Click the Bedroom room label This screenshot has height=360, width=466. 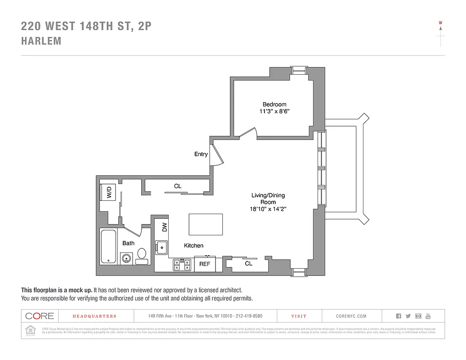pyautogui.click(x=274, y=104)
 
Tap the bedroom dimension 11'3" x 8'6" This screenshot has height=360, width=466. pyautogui.click(x=274, y=112)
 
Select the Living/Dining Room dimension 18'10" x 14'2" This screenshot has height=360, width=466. pyautogui.click(x=268, y=209)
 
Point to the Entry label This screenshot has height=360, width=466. pyautogui.click(x=201, y=154)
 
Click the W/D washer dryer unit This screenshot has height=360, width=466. pyautogui.click(x=108, y=193)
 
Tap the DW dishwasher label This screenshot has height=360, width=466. pyautogui.click(x=165, y=227)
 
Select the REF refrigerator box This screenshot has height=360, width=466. pyautogui.click(x=205, y=264)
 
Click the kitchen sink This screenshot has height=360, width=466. pyautogui.click(x=161, y=247)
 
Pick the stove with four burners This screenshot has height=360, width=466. pyautogui.click(x=182, y=265)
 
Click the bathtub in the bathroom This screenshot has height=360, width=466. pyautogui.click(x=108, y=247)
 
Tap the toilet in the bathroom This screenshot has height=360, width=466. pyautogui.click(x=142, y=256)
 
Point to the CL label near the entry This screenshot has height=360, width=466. pyautogui.click(x=178, y=186)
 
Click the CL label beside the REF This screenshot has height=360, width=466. pyautogui.click(x=248, y=264)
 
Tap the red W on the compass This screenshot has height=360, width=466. pyautogui.click(x=440, y=22)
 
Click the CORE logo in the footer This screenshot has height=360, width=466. pyautogui.click(x=40, y=316)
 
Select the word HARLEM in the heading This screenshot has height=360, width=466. pyautogui.click(x=41, y=41)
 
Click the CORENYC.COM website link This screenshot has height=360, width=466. pyautogui.click(x=351, y=316)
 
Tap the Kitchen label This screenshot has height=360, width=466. pyautogui.click(x=193, y=246)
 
